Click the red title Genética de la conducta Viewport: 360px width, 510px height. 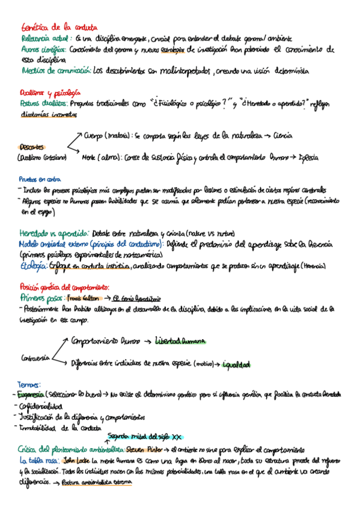pos(54,27)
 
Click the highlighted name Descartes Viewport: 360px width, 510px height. pos(31,147)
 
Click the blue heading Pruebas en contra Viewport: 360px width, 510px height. pos(41,178)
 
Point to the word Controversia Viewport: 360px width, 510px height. pos(35,360)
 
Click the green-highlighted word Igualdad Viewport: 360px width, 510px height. pos(236,364)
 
